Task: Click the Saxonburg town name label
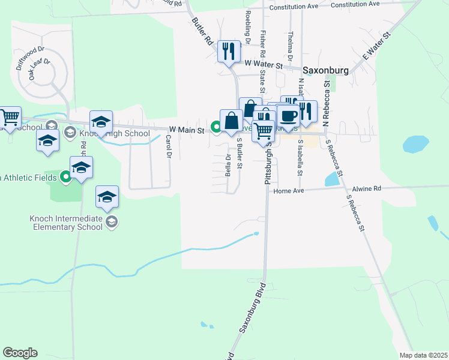click(x=325, y=70)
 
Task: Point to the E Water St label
click(x=376, y=46)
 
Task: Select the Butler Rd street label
click(x=202, y=31)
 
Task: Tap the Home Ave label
click(x=289, y=191)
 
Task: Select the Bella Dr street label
click(x=228, y=165)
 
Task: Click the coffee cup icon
click(x=288, y=115)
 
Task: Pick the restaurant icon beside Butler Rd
click(x=228, y=51)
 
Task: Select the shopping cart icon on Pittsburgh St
click(x=264, y=131)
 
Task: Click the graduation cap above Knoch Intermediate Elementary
click(x=107, y=196)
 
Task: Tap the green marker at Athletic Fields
click(x=66, y=177)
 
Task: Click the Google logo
click(x=20, y=353)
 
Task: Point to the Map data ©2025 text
click(x=423, y=355)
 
